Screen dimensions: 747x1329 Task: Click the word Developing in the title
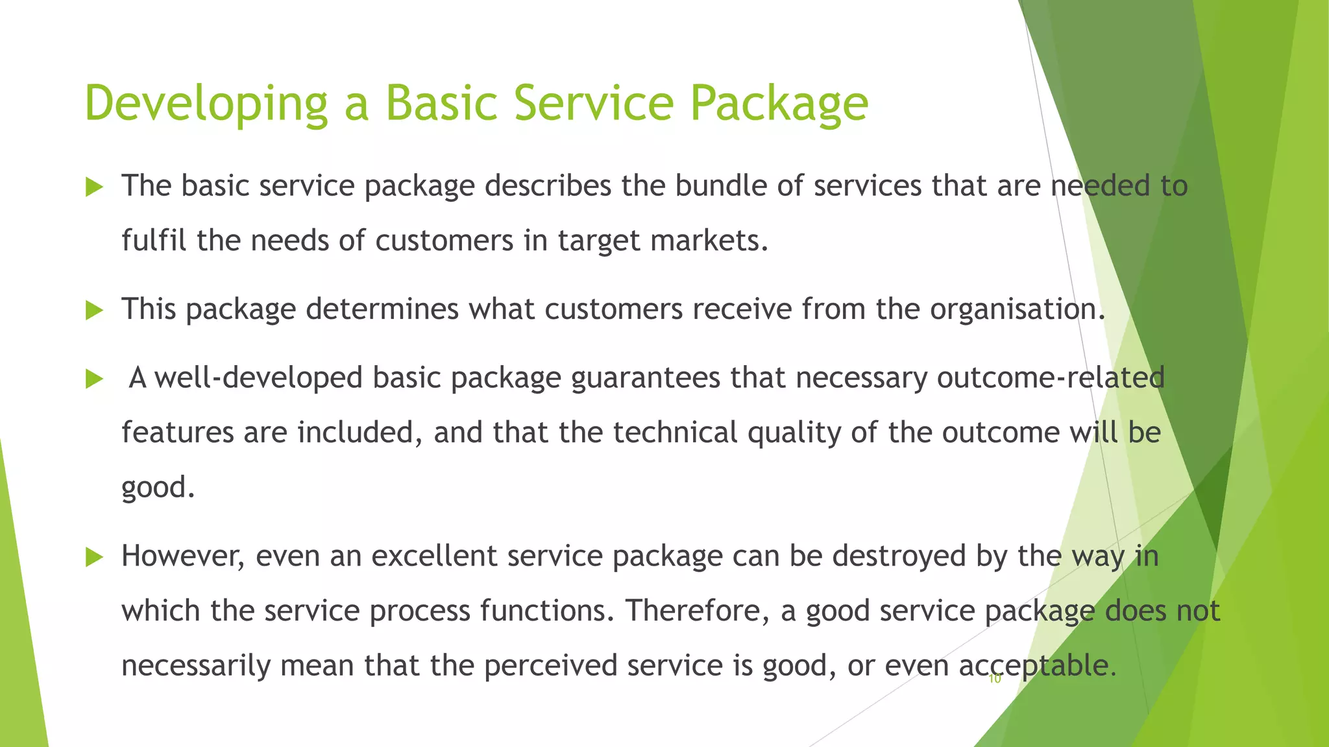pos(206,104)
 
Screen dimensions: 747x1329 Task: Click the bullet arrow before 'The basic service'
pos(95,188)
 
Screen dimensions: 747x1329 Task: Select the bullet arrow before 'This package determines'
pos(95,311)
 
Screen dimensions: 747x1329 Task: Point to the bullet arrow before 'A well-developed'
pos(95,379)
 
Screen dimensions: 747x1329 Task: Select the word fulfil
pos(154,241)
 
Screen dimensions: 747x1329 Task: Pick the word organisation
pos(1016,309)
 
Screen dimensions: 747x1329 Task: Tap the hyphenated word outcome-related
pos(1051,378)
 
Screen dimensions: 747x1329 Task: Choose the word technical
pos(675,433)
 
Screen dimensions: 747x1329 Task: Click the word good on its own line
pos(157,488)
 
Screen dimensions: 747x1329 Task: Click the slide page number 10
pos(995,680)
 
